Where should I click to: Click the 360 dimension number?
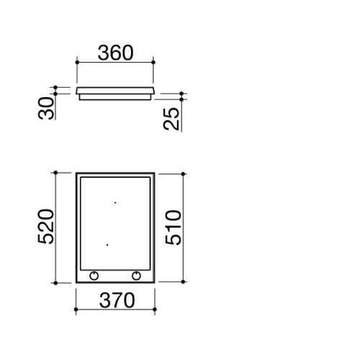pos(115,53)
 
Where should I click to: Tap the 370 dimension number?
pos(117,300)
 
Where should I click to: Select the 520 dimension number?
pos(46,227)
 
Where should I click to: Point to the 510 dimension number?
pos(174,228)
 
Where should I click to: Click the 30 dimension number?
pos(46,108)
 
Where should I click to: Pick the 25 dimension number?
pos(171,119)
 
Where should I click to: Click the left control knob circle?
pos(94,276)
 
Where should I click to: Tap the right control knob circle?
pos(136,276)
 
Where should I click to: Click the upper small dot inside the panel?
pos(115,203)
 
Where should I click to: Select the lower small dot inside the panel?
pos(107,245)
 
